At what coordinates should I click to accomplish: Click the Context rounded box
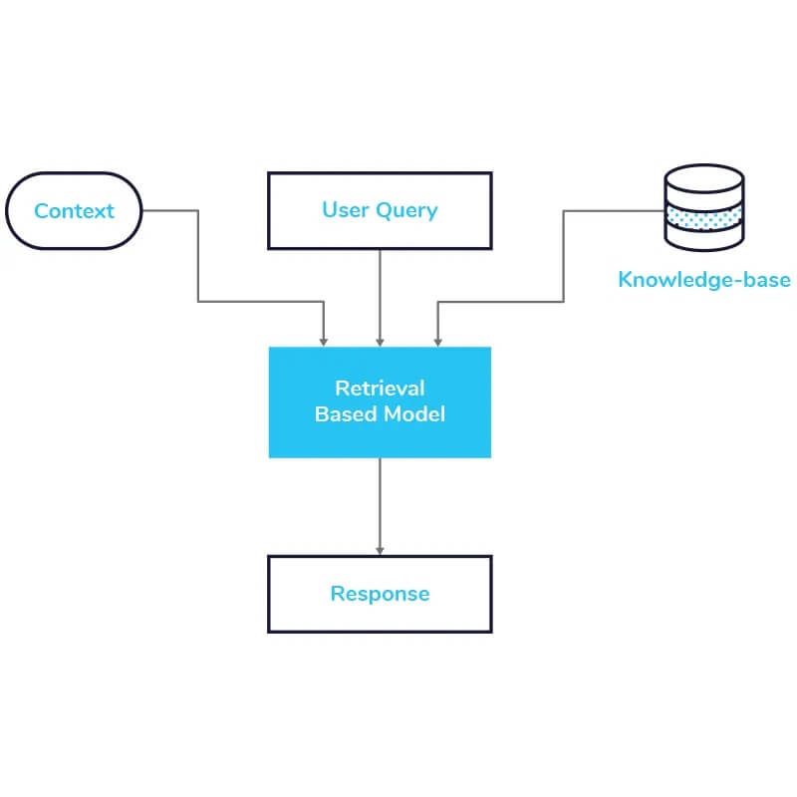point(75,211)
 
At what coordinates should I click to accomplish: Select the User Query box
point(380,210)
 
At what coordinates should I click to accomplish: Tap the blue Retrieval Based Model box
point(380,401)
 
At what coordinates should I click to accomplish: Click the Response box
point(380,594)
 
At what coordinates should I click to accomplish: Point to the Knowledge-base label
point(703,279)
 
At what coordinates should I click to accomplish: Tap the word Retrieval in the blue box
point(380,389)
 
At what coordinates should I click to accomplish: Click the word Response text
point(380,594)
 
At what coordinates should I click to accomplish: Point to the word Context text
point(75,211)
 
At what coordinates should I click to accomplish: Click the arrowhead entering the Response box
point(380,550)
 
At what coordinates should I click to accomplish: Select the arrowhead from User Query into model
point(380,341)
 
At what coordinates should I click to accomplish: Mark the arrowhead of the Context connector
point(323,341)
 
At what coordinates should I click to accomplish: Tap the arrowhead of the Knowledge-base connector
point(436,341)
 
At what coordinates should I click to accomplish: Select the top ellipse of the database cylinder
point(703,180)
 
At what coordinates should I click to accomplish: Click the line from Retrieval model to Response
point(380,503)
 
